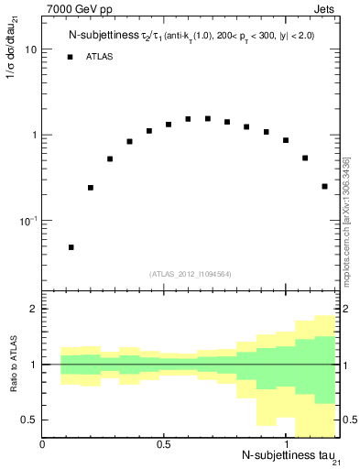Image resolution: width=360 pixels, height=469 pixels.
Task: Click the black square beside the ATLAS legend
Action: pos(71,57)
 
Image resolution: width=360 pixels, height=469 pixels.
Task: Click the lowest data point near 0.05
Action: pos(71,247)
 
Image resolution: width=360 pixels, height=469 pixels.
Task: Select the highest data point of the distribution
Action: pos(188,118)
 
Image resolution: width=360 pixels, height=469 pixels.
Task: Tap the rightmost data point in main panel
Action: pos(324,186)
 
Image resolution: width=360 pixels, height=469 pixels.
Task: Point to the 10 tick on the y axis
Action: pos(30,49)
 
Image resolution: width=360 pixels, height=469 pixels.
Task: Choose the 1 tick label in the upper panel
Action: pos(34,136)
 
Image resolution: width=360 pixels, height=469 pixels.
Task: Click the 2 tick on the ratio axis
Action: pos(34,309)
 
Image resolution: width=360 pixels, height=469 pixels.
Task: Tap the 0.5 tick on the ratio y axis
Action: pos(30,420)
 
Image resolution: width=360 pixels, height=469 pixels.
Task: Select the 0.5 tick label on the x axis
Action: pos(164,444)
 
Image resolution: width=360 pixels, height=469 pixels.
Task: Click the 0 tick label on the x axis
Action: pos(43,444)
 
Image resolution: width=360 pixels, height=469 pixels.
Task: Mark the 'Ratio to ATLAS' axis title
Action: pos(12,365)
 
